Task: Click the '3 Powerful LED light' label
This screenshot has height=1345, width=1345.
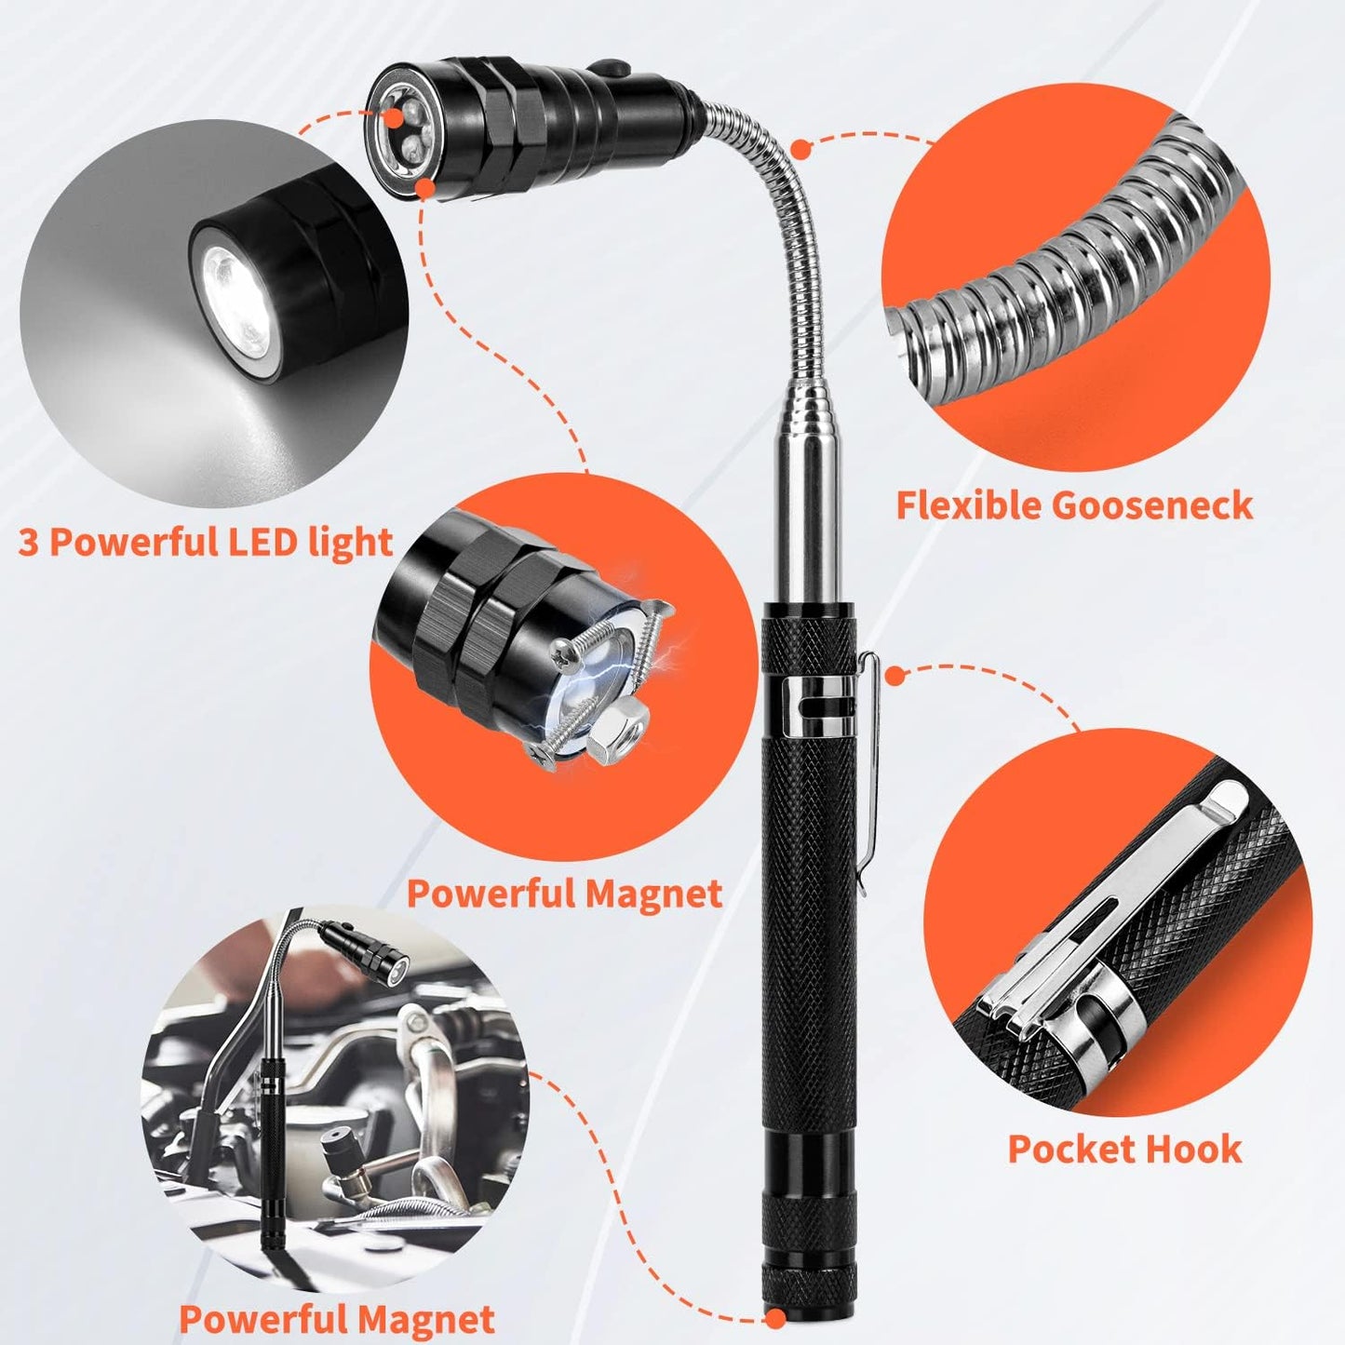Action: [205, 541]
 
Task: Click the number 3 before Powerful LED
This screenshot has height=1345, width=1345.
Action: [28, 543]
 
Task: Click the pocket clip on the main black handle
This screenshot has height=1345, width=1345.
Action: [866, 745]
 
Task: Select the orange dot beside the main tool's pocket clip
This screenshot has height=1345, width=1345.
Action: [894, 676]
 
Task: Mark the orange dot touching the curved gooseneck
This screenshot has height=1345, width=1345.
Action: [800, 147]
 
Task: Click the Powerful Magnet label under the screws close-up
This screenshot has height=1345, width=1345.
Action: [564, 894]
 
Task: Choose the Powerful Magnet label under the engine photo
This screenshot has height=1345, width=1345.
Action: [336, 1319]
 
